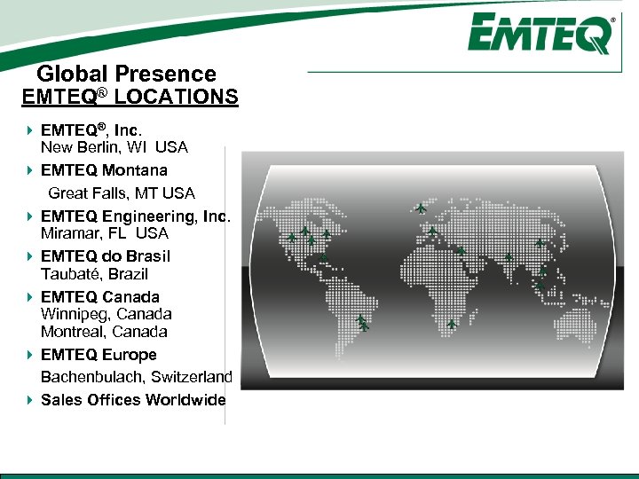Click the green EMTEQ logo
(x=541, y=35)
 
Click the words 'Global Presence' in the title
(x=126, y=75)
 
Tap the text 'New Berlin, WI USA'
(x=114, y=147)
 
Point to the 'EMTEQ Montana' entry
(x=104, y=169)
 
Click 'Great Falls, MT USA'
(x=122, y=192)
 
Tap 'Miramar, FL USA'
(x=105, y=233)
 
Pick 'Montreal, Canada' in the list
(x=104, y=332)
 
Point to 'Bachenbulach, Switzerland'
(x=137, y=377)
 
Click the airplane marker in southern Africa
(x=453, y=324)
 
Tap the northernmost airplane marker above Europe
(x=421, y=209)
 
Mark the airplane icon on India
(x=509, y=256)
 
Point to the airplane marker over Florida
(x=324, y=258)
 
